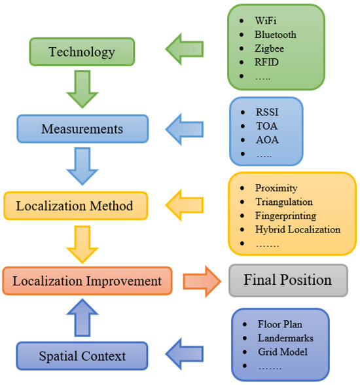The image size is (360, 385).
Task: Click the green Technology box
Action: [x=81, y=52]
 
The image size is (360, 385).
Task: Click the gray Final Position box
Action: [x=287, y=280]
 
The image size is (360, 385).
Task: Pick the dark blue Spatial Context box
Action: [x=81, y=356]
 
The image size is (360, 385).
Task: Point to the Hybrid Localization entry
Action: [x=298, y=229]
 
